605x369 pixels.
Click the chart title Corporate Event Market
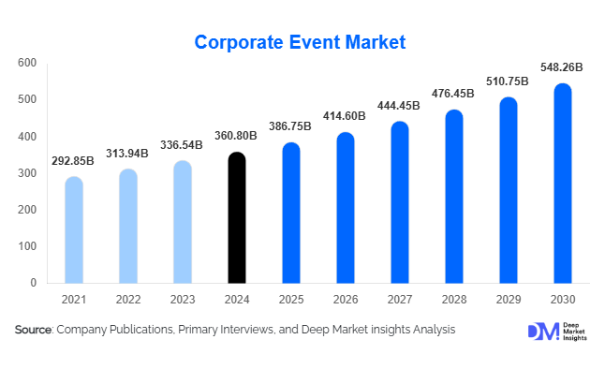(x=300, y=42)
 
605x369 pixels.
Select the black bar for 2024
(x=237, y=217)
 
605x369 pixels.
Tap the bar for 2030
(x=562, y=184)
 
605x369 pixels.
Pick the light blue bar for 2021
(x=74, y=229)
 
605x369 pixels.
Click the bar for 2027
(x=400, y=202)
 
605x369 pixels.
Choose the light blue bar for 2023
(x=183, y=222)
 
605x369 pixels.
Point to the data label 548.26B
(x=562, y=67)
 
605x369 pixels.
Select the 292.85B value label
(x=74, y=161)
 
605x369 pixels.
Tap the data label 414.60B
(x=346, y=117)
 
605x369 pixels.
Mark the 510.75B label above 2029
(x=508, y=81)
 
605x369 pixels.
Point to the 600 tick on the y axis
(x=27, y=63)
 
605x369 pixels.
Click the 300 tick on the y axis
(x=27, y=173)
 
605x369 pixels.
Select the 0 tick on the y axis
(x=33, y=283)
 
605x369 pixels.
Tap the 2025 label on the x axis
(x=291, y=300)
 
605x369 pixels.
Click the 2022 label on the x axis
(x=128, y=300)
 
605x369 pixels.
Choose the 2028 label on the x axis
(x=454, y=300)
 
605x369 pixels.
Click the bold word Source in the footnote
(x=33, y=330)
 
